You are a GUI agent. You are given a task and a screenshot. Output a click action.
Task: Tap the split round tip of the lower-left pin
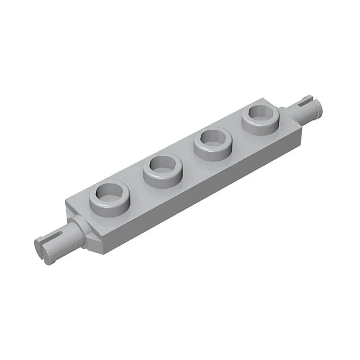(40, 245)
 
